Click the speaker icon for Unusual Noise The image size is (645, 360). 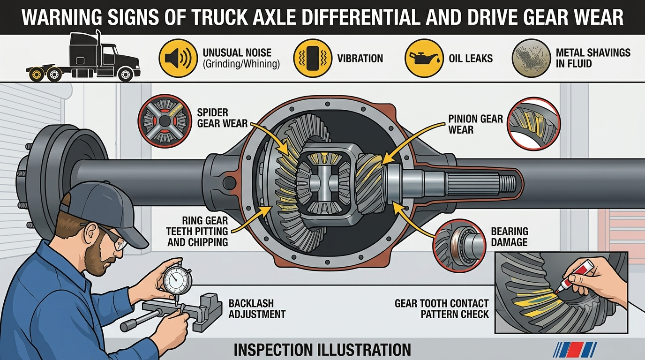(x=179, y=59)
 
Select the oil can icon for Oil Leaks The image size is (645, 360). (x=424, y=59)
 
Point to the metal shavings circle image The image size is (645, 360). (x=531, y=59)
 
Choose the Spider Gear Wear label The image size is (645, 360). (x=222, y=118)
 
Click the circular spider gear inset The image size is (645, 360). (x=165, y=122)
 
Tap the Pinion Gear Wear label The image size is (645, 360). (x=475, y=124)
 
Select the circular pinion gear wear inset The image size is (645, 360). (x=533, y=124)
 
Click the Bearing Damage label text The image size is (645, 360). (x=510, y=237)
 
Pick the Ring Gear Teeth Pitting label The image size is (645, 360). (x=197, y=232)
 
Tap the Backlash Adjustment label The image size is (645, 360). (x=257, y=308)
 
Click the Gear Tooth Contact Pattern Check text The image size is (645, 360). (x=442, y=309)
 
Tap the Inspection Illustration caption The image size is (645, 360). (x=322, y=350)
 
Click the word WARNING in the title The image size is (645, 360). (x=62, y=17)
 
